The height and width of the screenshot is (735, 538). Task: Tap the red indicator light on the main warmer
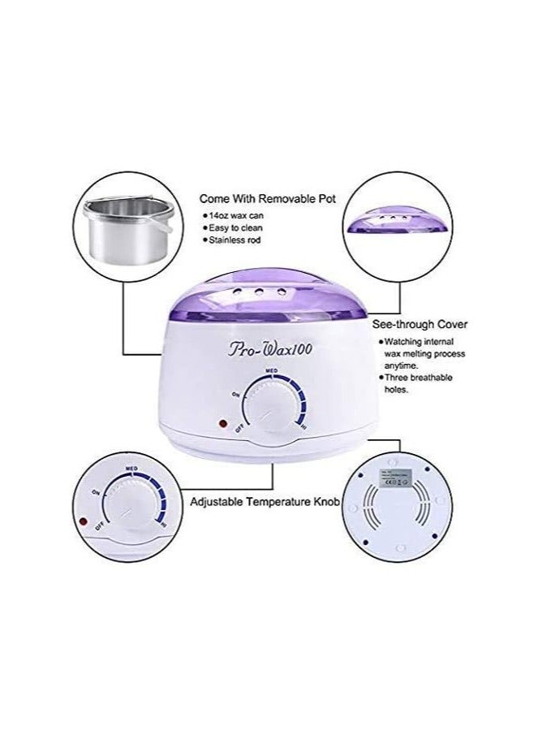pyautogui.click(x=221, y=423)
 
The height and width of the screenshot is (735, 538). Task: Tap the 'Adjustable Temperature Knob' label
pyautogui.click(x=264, y=502)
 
